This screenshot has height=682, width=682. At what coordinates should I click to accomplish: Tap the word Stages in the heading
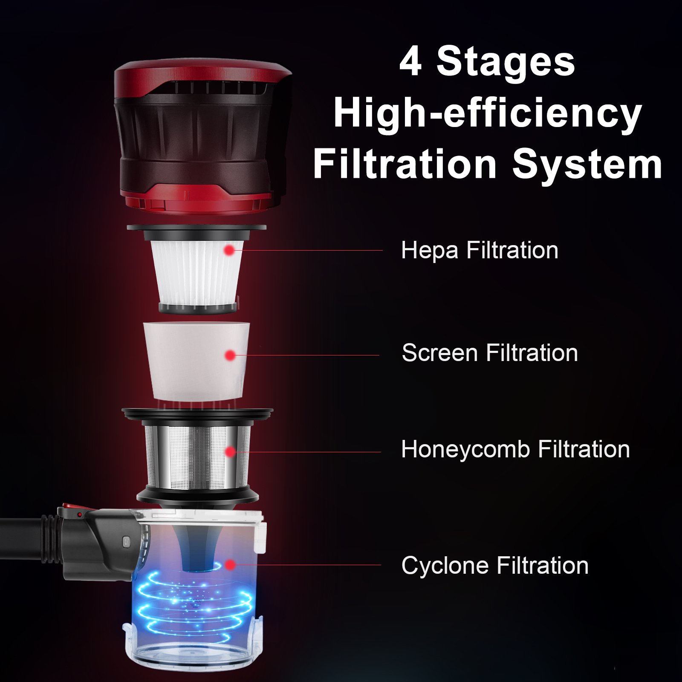506,64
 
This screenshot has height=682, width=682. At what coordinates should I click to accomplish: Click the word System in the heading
587,165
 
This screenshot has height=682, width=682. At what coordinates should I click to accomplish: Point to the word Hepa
430,250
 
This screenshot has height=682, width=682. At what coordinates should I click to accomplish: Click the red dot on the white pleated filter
229,250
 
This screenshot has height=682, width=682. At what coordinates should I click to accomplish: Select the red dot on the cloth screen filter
230,355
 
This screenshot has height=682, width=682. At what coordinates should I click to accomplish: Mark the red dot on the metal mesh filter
230,452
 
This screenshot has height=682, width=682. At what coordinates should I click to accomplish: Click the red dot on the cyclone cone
230,565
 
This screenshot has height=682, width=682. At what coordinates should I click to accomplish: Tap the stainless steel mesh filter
198,456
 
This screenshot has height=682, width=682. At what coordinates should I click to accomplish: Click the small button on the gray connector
126,541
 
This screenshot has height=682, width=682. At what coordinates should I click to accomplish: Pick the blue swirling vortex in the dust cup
194,605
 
